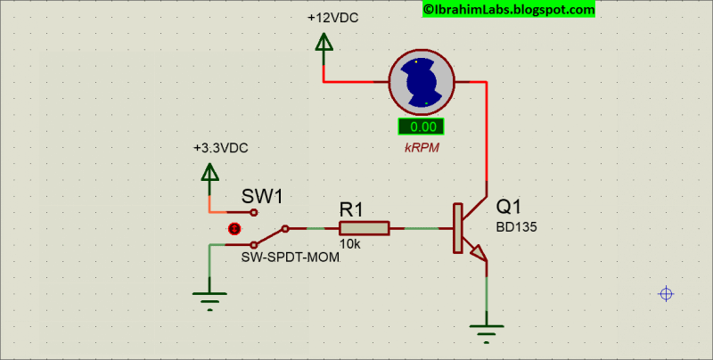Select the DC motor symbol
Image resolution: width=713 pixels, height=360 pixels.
[x=422, y=82]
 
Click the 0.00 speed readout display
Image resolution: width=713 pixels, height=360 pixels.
[x=422, y=127]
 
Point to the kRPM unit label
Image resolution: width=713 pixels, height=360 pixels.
[x=422, y=147]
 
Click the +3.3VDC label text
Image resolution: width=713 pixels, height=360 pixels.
[x=221, y=148]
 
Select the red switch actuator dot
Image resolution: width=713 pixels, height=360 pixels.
[x=234, y=228]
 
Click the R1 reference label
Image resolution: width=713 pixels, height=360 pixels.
[x=351, y=209]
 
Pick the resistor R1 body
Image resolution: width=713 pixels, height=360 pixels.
[x=363, y=229]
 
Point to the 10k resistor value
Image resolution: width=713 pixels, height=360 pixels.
[x=348, y=244]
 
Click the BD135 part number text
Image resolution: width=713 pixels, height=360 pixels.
[x=516, y=226]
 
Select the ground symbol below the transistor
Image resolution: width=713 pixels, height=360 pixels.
[x=487, y=335]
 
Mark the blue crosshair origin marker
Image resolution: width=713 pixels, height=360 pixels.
[x=665, y=294]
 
